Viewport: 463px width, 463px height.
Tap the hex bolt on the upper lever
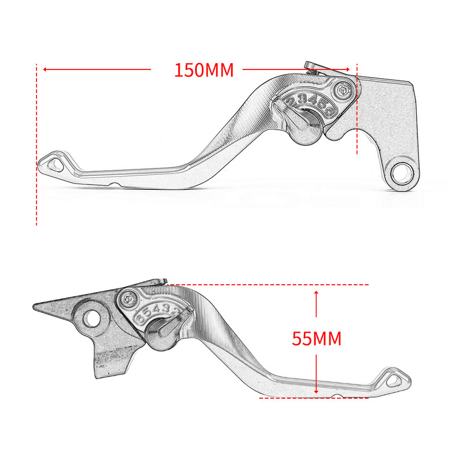pos(343,91)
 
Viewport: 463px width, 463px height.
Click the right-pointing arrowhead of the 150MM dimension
pos(349,70)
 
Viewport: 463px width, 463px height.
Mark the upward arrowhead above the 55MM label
pos(316,294)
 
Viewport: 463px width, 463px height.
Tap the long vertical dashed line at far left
pos(37,145)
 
